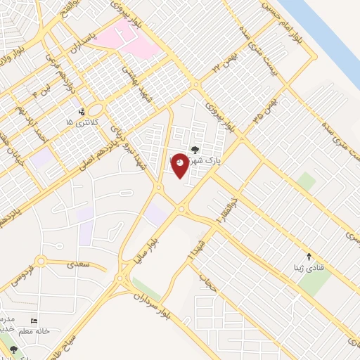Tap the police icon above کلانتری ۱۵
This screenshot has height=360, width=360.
pyautogui.click(x=82, y=111)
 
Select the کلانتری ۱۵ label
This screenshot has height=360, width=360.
pyautogui.click(x=79, y=122)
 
